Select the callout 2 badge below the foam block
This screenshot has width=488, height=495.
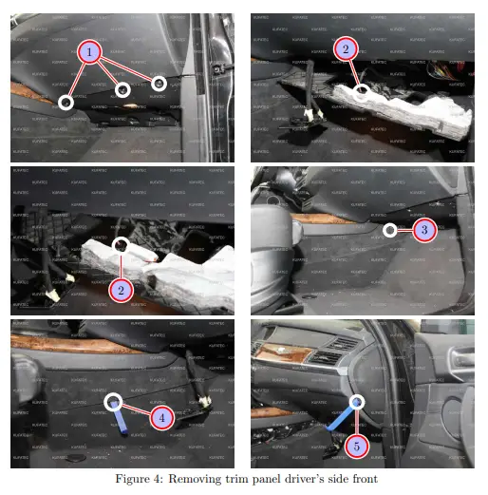click(x=121, y=290)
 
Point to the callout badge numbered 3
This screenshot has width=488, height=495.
click(x=426, y=230)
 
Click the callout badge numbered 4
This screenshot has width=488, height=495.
click(x=161, y=416)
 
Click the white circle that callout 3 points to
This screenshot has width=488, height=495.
click(x=388, y=229)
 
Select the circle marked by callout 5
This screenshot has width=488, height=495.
click(x=357, y=403)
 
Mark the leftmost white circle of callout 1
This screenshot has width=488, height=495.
click(x=66, y=101)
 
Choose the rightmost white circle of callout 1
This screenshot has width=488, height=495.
click(x=160, y=85)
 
